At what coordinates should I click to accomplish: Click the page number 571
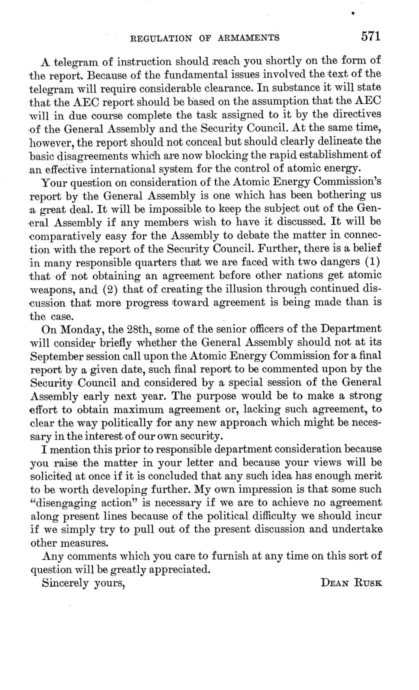(x=370, y=36)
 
